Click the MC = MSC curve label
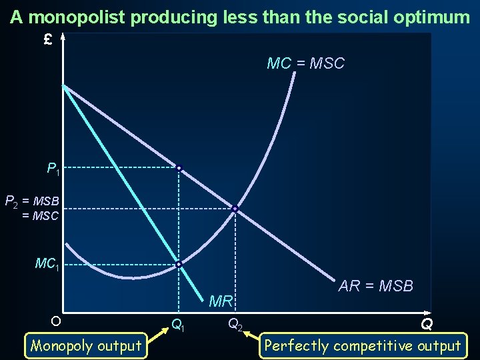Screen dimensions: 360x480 pyautogui.click(x=305, y=64)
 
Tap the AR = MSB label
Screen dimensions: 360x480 pyautogui.click(x=375, y=286)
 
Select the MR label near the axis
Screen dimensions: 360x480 pyautogui.click(x=221, y=301)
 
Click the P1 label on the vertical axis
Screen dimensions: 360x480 pyautogui.click(x=53, y=169)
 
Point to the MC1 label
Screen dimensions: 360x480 pyautogui.click(x=47, y=265)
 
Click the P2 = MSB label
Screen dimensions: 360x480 pyautogui.click(x=32, y=200)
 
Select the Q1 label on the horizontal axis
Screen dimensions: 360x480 pyautogui.click(x=178, y=325)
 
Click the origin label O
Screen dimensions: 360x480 pyautogui.click(x=56, y=321)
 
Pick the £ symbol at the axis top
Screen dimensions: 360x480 pyautogui.click(x=47, y=40)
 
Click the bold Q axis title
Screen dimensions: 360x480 pyautogui.click(x=426, y=325)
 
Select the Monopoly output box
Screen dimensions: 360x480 pyautogui.click(x=86, y=345)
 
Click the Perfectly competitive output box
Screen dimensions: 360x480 pyautogui.click(x=363, y=345)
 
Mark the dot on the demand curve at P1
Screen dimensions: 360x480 pyautogui.click(x=179, y=168)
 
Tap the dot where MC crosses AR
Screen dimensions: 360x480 pyautogui.click(x=235, y=209)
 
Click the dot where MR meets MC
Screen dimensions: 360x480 pyautogui.click(x=179, y=265)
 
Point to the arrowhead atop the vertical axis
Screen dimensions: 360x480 pyautogui.click(x=63, y=37)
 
